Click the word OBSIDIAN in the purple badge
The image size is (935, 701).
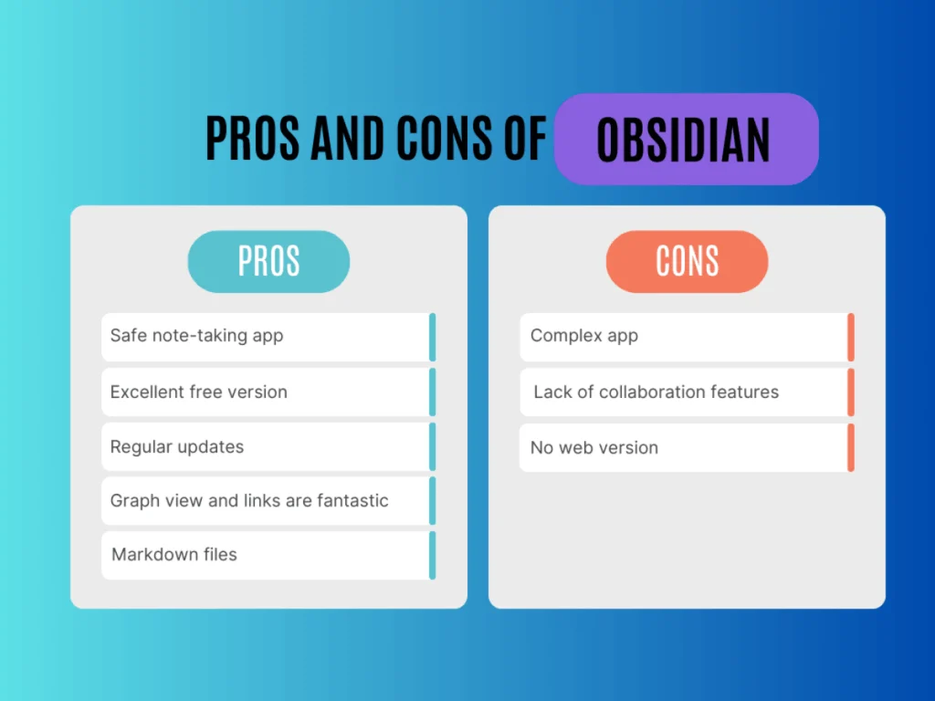[684, 141]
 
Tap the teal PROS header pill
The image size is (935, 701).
[268, 261]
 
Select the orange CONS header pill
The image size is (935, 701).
[687, 261]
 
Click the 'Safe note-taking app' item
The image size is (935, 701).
[265, 336]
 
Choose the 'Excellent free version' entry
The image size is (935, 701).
[265, 392]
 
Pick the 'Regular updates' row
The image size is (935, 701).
[265, 447]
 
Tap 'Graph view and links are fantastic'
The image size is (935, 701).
[265, 500]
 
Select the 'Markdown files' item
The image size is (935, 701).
[265, 554]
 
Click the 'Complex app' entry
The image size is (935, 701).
[683, 336]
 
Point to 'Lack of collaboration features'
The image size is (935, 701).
[683, 392]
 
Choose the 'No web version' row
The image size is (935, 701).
[683, 447]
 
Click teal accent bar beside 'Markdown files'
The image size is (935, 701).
[432, 555]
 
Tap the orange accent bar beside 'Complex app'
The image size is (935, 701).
[850, 337]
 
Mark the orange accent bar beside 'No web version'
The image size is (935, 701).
[850, 447]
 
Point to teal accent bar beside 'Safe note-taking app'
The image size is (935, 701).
[432, 337]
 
